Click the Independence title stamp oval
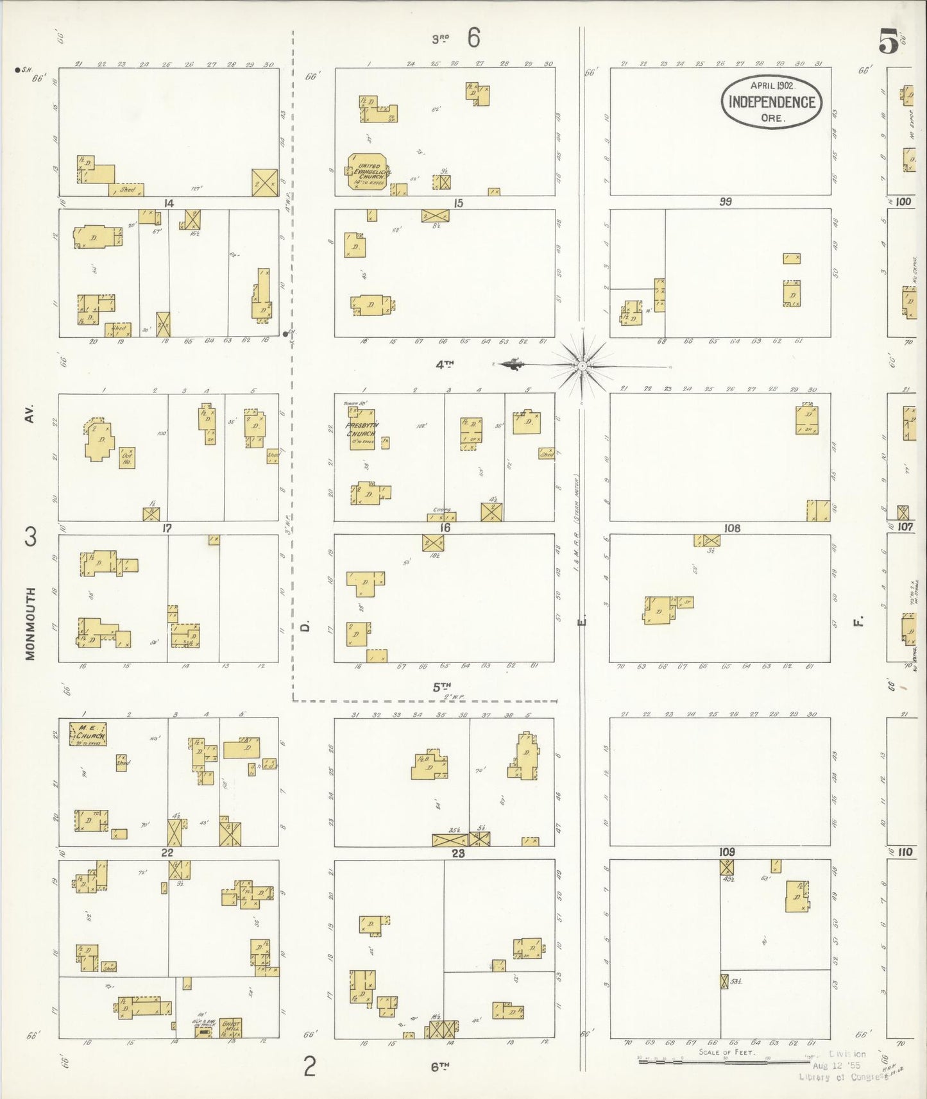click(772, 102)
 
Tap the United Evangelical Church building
click(366, 172)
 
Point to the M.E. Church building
click(88, 733)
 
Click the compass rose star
click(582, 365)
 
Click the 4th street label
click(445, 365)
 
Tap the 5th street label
click(441, 687)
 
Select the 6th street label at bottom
click(439, 1067)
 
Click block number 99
click(726, 202)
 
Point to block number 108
click(731, 528)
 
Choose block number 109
click(727, 852)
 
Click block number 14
click(168, 203)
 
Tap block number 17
click(167, 528)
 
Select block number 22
click(167, 853)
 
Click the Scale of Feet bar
click(719, 1061)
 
